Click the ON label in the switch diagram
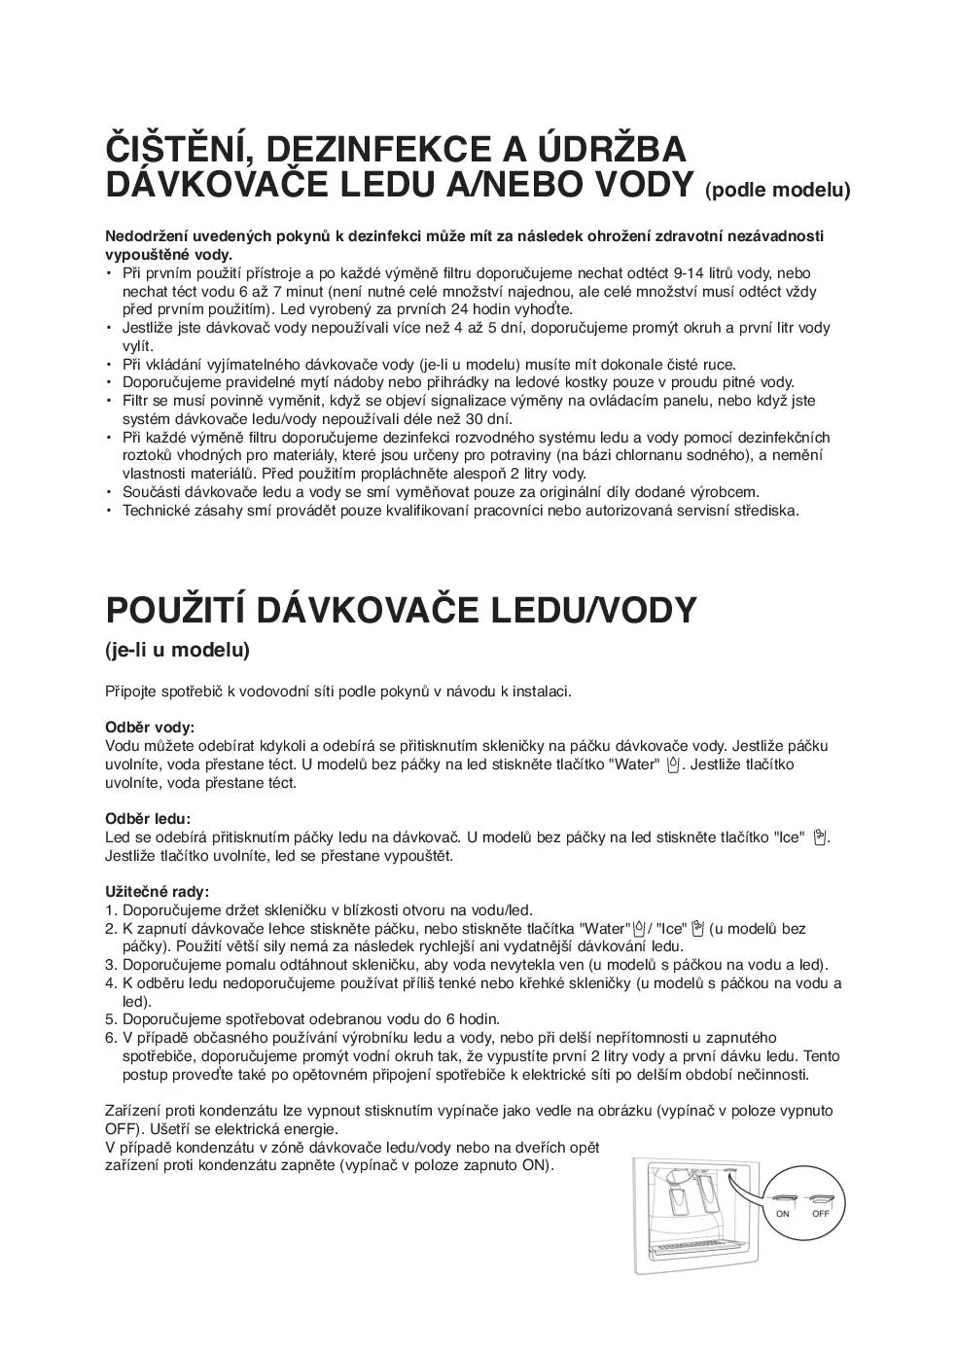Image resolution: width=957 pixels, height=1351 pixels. click(x=782, y=1213)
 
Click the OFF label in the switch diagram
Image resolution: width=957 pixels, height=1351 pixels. click(x=821, y=1213)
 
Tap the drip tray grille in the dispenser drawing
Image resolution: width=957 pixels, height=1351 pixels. click(x=691, y=1246)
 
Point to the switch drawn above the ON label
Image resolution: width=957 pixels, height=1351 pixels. click(x=783, y=1196)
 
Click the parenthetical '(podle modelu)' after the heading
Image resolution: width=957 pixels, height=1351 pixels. click(x=777, y=190)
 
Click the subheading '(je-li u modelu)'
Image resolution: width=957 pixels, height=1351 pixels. click(x=177, y=650)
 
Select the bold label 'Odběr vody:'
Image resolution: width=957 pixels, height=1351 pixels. click(x=150, y=728)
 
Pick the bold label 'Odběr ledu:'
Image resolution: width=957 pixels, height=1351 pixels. click(x=148, y=819)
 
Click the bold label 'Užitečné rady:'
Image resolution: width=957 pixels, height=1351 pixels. click(x=157, y=891)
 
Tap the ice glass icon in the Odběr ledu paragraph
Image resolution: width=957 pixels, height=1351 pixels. click(x=820, y=836)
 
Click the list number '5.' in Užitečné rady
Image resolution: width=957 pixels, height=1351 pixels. click(x=111, y=1019)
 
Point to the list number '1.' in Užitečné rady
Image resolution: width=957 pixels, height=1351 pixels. click(x=111, y=910)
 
